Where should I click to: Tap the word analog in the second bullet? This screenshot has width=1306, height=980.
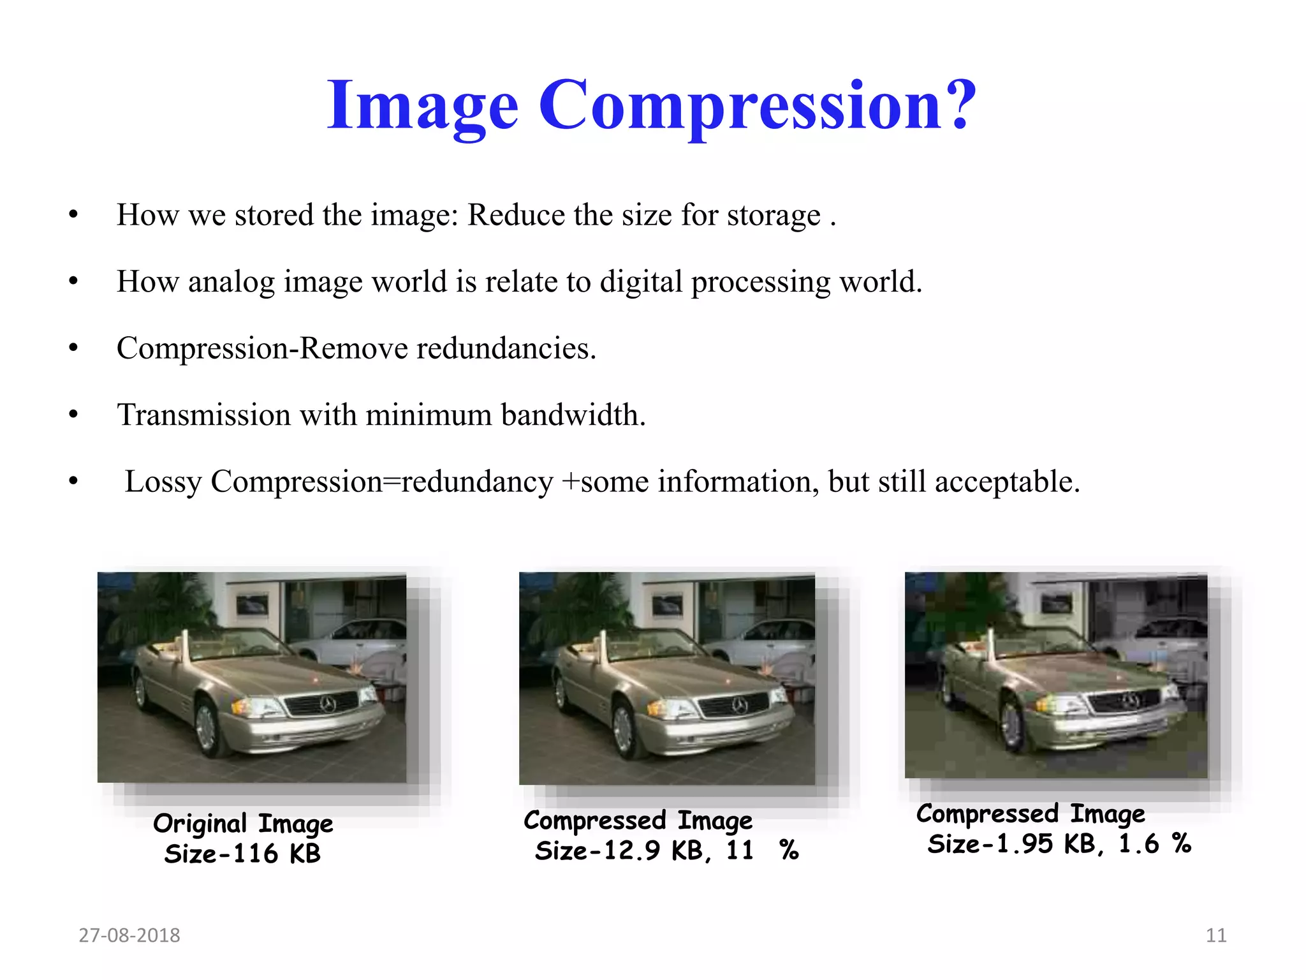[231, 282]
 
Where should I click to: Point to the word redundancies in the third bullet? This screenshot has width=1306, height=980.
[506, 348]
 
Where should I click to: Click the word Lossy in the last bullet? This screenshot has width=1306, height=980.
[163, 482]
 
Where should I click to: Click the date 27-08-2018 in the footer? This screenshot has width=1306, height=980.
[129, 935]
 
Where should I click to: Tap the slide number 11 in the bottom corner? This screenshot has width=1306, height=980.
[1216, 935]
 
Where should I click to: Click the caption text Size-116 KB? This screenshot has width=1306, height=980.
[242, 854]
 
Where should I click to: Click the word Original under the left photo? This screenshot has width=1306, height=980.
[200, 824]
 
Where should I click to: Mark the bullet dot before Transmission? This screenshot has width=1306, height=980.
[73, 415]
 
